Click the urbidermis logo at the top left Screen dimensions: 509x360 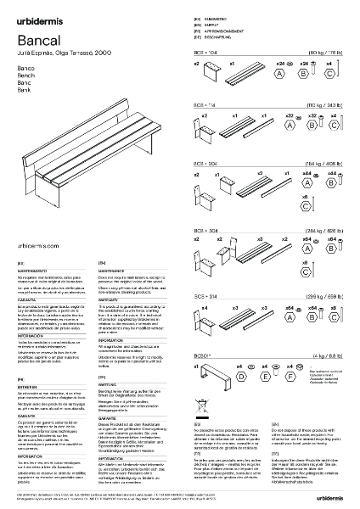coord(41,13)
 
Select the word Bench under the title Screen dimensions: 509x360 coord(25,74)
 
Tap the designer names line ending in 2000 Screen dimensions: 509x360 coord(53,53)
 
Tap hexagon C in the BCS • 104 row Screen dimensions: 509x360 coord(329,74)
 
